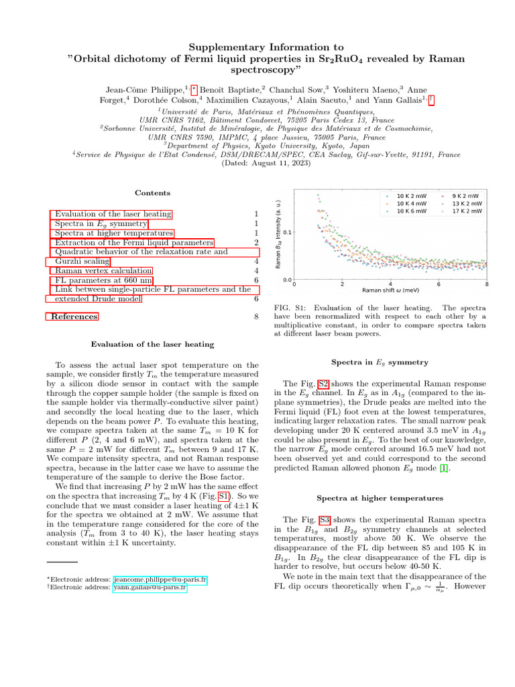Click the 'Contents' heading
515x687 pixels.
point(152,193)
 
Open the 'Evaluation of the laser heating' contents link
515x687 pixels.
point(113,214)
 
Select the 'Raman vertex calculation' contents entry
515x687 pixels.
point(99,270)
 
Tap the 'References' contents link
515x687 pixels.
point(74,317)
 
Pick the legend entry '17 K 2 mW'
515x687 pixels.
point(466,211)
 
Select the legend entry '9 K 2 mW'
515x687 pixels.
point(465,195)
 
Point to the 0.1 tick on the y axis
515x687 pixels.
point(286,232)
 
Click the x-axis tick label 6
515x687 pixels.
point(439,284)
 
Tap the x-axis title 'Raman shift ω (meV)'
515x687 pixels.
point(391,291)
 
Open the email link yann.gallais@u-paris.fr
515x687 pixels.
point(150,587)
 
